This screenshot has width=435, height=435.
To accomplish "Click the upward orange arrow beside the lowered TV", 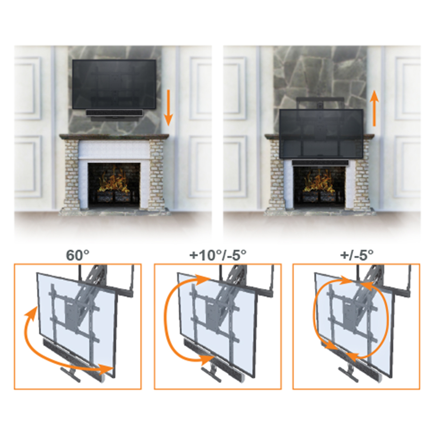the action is [x=375, y=108].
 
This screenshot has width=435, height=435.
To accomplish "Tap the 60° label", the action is [x=78, y=255].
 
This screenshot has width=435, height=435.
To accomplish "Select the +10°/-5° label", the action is [x=218, y=255].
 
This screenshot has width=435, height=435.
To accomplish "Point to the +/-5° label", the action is [x=357, y=255].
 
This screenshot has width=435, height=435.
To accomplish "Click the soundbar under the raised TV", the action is [x=114, y=114].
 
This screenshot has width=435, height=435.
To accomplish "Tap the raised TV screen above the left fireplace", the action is [x=114, y=84].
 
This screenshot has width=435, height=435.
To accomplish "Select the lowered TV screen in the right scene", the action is [x=321, y=134].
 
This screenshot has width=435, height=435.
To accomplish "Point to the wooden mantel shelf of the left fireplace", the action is [x=114, y=137].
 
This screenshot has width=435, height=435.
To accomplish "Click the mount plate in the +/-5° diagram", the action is [x=352, y=312].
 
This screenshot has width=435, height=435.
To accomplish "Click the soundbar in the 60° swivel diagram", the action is [x=74, y=357].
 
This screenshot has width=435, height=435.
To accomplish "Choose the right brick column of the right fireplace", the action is [x=363, y=174].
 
